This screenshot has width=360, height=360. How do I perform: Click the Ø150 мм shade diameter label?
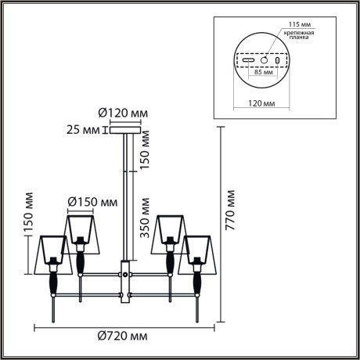tap(92, 202)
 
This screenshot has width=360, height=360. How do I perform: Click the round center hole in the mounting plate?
tap(265, 59)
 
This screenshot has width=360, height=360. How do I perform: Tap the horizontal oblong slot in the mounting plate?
tap(248, 59)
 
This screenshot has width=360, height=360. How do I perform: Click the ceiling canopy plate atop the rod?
tap(124, 133)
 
